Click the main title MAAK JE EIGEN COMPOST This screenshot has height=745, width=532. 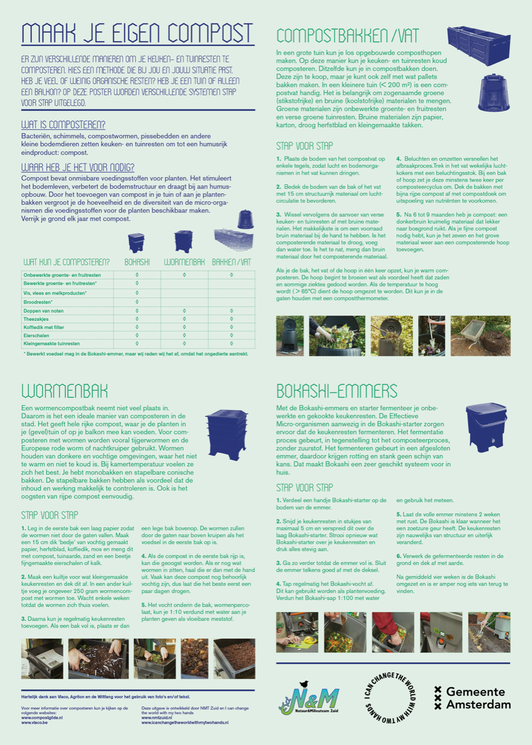pos(137,33)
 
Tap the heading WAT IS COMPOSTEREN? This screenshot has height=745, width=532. pos(63,125)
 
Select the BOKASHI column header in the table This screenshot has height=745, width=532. pos(137,262)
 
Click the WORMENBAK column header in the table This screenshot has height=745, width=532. pos(185,262)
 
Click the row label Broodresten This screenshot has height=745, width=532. pos(38,302)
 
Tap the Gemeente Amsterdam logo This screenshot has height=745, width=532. pos(472,698)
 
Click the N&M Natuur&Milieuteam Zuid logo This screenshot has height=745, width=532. pos(308,698)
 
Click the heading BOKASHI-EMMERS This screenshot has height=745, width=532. pos(337,390)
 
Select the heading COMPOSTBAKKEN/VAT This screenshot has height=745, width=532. pos(347,36)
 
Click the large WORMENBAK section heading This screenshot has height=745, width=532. pos(65,390)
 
